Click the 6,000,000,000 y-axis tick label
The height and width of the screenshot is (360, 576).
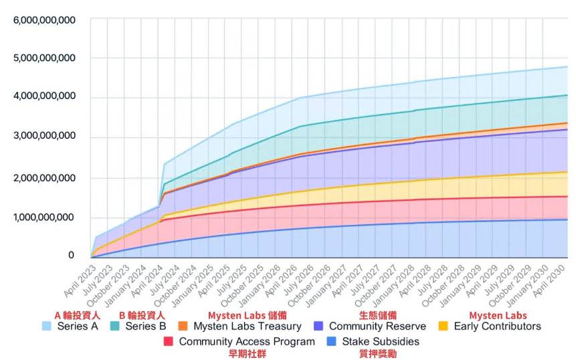point(44,19)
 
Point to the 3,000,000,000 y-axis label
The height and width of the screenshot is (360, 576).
point(44,137)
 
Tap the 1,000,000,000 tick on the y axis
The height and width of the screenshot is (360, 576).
point(44,217)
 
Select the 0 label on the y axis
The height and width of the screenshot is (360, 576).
point(71,256)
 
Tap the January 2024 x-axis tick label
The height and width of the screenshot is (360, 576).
point(126,281)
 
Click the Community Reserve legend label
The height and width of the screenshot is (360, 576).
point(377,327)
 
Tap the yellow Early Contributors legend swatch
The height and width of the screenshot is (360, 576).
point(443,327)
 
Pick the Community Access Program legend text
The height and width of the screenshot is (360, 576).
point(247,341)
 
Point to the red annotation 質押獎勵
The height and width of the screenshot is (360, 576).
point(378,353)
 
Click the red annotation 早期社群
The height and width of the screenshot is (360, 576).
point(247,353)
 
